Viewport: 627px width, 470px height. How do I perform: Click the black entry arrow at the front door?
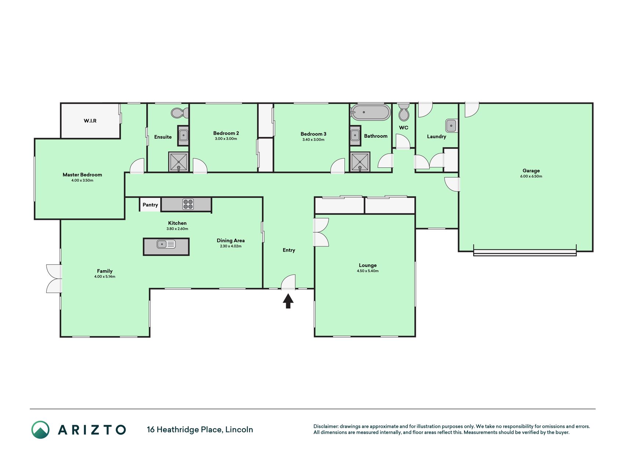coord(288,301)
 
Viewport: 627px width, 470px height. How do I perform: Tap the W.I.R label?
coord(90,121)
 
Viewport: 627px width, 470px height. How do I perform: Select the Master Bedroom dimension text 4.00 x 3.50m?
coord(82,180)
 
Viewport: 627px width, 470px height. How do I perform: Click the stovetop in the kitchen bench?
coord(188,204)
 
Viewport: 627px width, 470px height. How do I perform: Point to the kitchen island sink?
coord(166,244)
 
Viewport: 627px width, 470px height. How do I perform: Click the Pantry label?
coord(150,205)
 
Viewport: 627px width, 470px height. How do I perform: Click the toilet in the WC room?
coord(404,112)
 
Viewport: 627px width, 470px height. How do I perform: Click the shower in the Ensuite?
coord(179,162)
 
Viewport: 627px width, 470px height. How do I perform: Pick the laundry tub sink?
coord(451,126)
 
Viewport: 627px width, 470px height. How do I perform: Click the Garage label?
coord(531,171)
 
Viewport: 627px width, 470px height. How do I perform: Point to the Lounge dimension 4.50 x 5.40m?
coord(368,271)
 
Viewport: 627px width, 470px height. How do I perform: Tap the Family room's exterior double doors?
coord(54,279)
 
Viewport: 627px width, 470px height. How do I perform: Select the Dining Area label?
coord(231,241)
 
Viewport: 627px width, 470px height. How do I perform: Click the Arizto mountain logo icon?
coord(40,430)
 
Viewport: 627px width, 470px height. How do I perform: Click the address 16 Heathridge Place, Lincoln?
coord(200,430)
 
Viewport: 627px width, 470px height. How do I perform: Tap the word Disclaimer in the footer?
coord(326,426)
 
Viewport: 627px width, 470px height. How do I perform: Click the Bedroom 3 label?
coord(313,134)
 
